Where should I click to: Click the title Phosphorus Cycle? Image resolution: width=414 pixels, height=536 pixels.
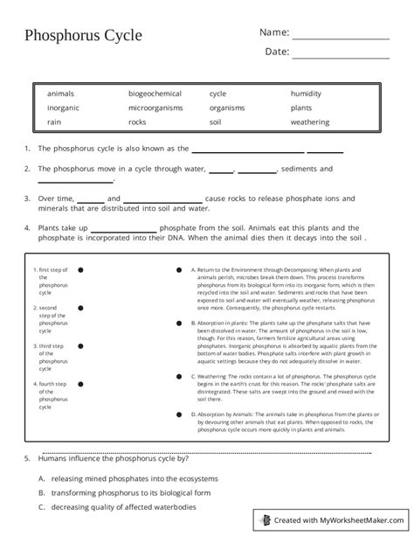click(83, 37)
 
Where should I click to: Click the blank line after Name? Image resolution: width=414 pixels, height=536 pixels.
click(340, 38)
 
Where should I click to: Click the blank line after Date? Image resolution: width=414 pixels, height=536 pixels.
click(340, 58)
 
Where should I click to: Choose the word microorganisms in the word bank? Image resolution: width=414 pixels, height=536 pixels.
click(156, 108)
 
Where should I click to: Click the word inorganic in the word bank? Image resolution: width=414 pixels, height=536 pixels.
click(64, 108)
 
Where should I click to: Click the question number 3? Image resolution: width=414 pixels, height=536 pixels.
click(28, 199)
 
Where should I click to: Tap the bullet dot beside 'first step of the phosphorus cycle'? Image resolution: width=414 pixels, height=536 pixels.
click(80, 270)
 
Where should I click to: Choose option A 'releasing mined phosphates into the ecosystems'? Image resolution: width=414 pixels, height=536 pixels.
click(134, 479)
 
